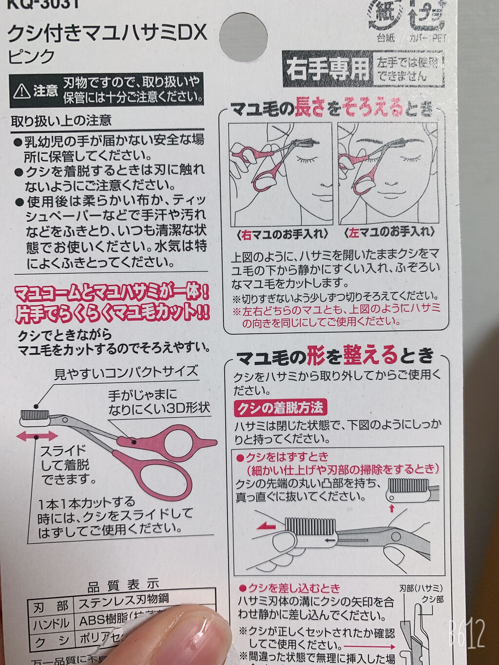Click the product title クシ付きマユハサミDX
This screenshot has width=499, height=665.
(x=107, y=33)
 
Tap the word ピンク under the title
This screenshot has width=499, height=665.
(x=32, y=57)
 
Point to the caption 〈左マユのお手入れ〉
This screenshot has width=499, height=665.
(x=389, y=232)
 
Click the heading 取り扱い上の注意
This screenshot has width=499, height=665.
(x=61, y=120)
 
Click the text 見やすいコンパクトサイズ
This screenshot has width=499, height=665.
(x=126, y=374)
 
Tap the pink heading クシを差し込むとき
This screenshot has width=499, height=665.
(x=293, y=588)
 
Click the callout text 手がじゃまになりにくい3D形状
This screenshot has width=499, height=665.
(x=158, y=401)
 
